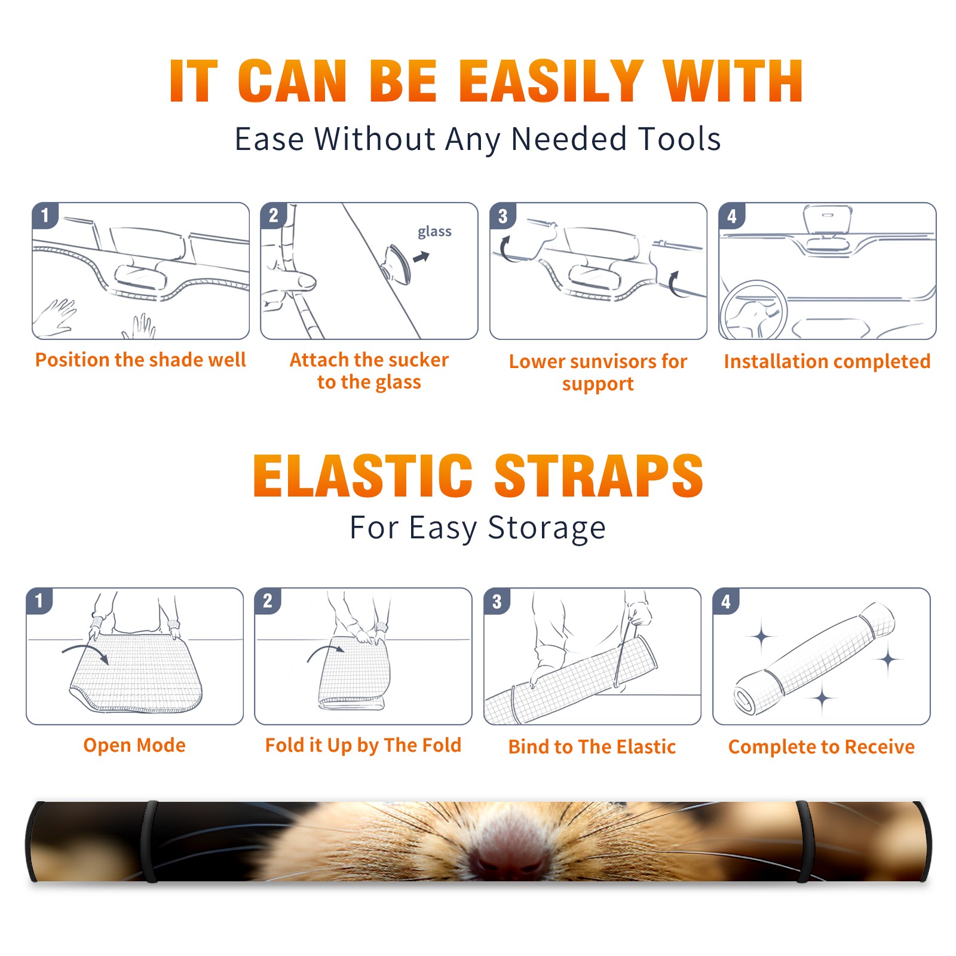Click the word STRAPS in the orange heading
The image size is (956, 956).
[599, 476]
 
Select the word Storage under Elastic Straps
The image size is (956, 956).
[547, 529]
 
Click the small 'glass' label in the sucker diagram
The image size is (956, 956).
[434, 232]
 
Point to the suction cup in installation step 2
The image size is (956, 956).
[397, 263]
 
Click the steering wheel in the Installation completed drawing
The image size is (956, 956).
[754, 311]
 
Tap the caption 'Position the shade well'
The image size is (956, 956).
[140, 360]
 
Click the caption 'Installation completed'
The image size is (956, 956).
[827, 361]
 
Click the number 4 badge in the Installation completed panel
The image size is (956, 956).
[731, 216]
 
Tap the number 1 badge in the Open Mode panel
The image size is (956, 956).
[39, 600]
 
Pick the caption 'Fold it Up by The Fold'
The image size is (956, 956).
[363, 746]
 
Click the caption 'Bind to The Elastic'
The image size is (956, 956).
[592, 747]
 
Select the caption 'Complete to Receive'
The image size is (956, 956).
[822, 747]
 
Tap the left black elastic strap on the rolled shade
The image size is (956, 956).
[151, 841]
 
